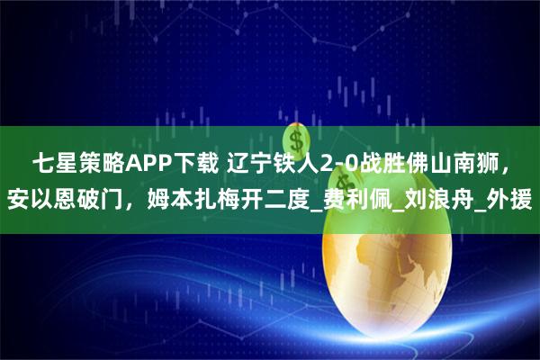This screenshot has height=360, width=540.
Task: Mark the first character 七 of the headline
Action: pyautogui.click(x=41, y=163)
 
